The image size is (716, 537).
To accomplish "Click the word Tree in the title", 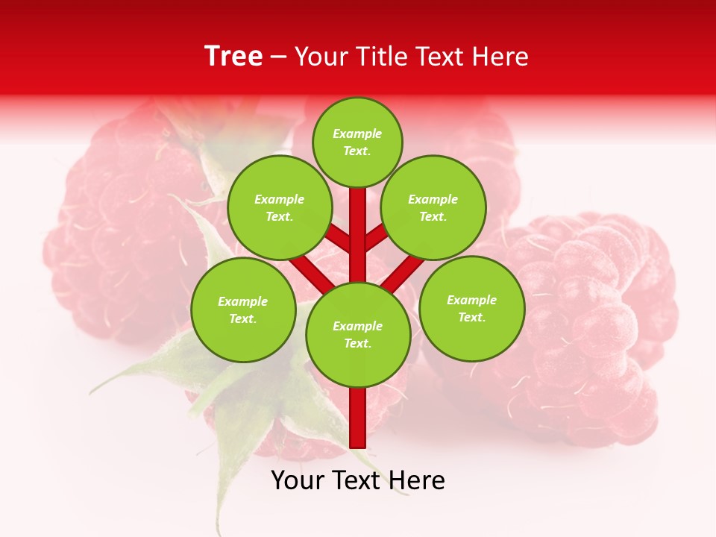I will click(x=233, y=56).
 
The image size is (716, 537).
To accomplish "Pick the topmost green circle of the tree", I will click(x=357, y=142).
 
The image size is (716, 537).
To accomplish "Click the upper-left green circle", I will click(x=279, y=207).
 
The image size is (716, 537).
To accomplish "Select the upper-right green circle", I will click(x=433, y=207).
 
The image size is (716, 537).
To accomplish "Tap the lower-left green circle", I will click(x=243, y=310).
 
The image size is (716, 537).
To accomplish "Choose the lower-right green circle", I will click(x=472, y=308).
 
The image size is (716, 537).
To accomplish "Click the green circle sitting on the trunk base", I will click(x=358, y=334).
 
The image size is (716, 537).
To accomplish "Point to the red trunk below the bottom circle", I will click(x=358, y=418).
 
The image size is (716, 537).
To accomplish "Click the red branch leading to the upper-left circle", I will click(x=337, y=238).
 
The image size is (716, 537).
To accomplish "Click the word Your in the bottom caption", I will click(x=297, y=481).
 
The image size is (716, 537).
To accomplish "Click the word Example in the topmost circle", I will click(x=357, y=134).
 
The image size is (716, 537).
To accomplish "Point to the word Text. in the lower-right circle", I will click(x=471, y=317).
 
